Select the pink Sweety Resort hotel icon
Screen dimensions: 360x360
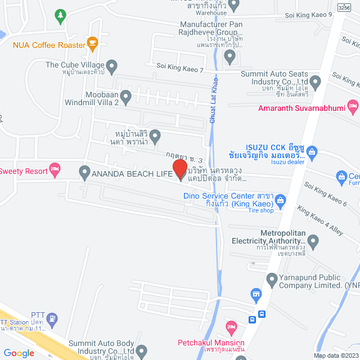[55, 168]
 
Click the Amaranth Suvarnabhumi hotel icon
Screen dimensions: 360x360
[353, 105]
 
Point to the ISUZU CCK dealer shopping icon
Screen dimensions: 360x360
[313, 151]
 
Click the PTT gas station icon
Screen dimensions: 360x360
[52, 319]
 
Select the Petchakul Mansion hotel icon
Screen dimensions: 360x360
[231, 326]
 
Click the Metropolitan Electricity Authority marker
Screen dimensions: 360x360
[313, 242]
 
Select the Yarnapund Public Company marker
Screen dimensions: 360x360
[271, 278]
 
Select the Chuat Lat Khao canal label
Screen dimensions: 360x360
[214, 95]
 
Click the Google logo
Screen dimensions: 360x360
[19, 353]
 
